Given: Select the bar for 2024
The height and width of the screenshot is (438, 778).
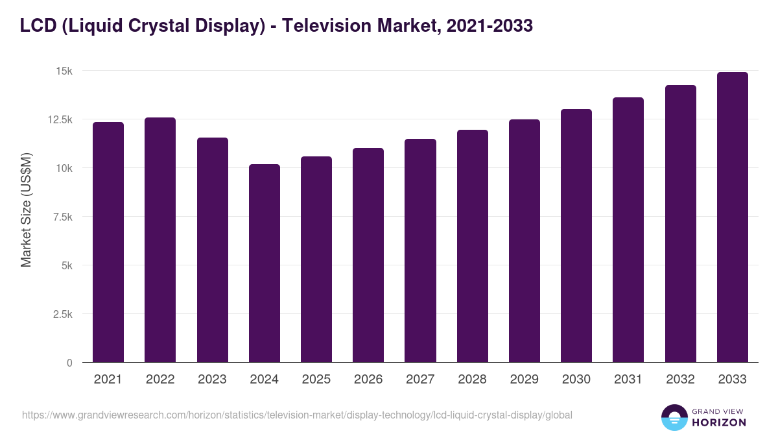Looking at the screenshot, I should tap(265, 263).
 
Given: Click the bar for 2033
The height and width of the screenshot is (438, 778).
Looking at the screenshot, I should tap(732, 217).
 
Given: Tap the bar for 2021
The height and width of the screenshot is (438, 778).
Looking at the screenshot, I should tap(108, 242).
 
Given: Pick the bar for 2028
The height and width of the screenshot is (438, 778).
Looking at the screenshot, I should tap(473, 246).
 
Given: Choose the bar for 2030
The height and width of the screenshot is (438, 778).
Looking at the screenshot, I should tap(576, 236).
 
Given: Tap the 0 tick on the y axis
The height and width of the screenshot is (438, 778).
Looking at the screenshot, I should tap(69, 363).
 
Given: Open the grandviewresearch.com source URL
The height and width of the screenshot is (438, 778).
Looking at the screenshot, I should tap(297, 415).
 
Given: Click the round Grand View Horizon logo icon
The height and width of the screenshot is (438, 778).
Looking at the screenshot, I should tap(674, 417).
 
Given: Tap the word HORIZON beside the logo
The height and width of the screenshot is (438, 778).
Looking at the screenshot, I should tap(719, 422).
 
